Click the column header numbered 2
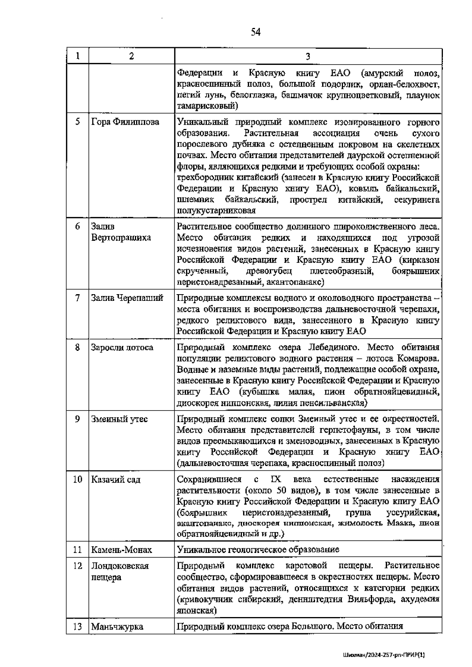tap(131, 56)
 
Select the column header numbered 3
tap(308, 56)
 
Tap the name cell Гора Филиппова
tap(125, 122)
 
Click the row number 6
tap(77, 227)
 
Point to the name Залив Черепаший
tap(127, 298)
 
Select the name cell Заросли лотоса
tap(122, 348)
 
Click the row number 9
tap(77, 419)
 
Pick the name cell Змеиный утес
tap(120, 419)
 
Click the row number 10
tap(77, 480)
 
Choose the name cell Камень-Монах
tap(122, 550)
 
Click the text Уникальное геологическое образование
tap(258, 549)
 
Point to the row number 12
tap(77, 566)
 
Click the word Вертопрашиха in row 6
tap(121, 238)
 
